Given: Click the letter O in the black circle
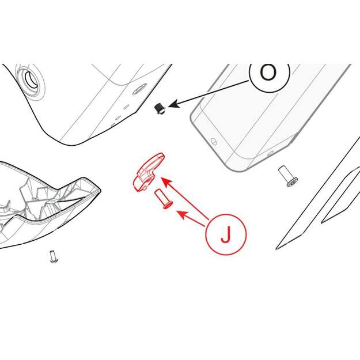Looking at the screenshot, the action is click(268, 72).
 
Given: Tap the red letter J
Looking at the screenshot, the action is click(226, 234).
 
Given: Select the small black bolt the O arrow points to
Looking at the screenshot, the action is click(160, 109).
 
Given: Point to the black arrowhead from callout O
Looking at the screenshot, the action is click(175, 104).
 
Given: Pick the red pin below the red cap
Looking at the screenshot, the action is click(164, 199).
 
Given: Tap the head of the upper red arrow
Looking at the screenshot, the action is click(167, 182).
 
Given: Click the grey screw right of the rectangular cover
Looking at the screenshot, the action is click(288, 176).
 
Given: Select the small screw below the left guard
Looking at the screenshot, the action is click(54, 257).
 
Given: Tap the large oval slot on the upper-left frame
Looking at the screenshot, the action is click(140, 89).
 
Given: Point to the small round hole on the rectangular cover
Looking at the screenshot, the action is click(214, 141).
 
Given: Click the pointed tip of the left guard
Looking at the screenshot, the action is click(100, 190).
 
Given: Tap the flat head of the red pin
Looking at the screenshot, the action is click(168, 205).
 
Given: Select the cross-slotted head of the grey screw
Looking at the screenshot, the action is click(292, 182).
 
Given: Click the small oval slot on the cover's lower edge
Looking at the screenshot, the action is click(270, 153).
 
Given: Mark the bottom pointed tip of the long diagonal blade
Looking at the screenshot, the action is click(276, 249).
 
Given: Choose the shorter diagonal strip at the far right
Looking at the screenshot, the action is click(341, 195).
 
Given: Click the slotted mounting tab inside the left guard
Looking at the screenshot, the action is click(53, 201).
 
